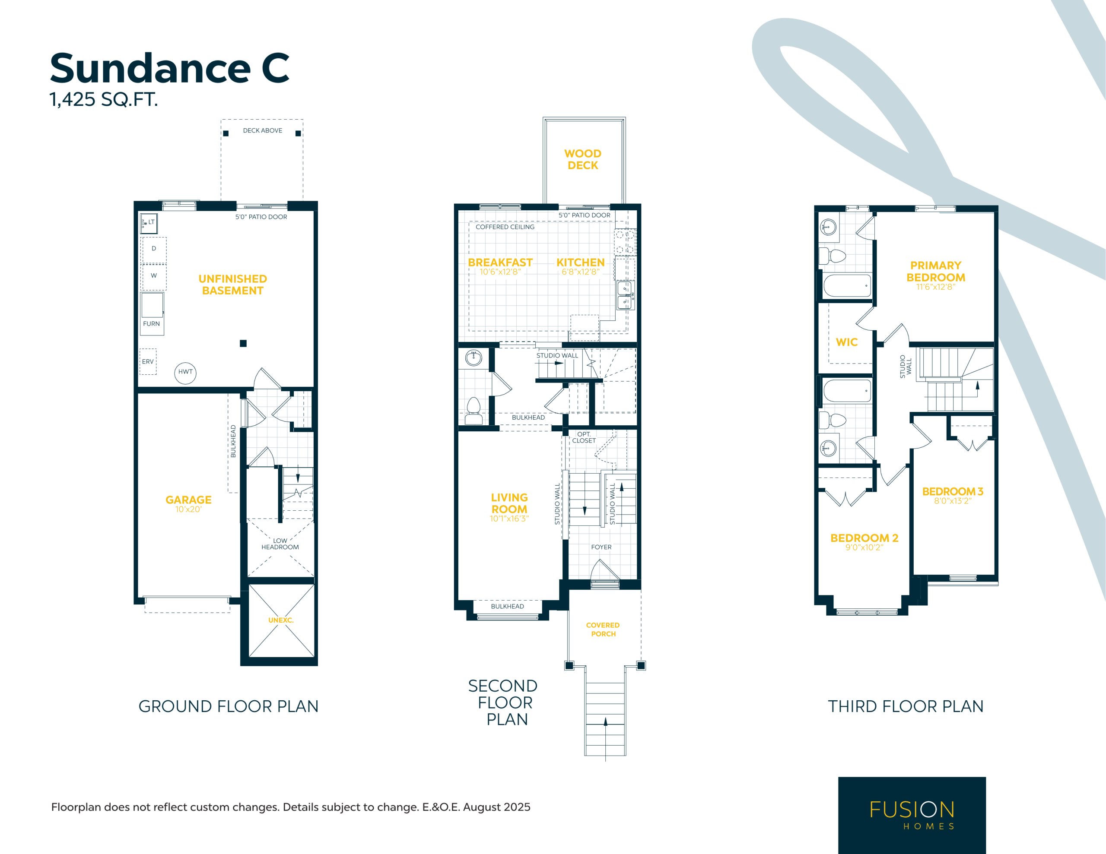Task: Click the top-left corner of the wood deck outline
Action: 543,118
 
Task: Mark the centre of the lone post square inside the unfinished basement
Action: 243,343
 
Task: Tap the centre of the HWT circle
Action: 185,373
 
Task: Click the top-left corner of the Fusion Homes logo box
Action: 839,778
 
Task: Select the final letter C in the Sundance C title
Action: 276,68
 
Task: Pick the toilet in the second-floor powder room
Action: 474,411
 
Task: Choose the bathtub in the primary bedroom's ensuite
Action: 847,285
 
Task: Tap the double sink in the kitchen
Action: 625,295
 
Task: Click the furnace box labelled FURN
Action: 152,313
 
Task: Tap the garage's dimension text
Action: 188,509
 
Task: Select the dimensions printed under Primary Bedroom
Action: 936,287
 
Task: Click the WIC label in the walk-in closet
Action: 847,342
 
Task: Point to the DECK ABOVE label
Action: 262,131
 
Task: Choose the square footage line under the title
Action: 104,99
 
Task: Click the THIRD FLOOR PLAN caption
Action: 906,706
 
